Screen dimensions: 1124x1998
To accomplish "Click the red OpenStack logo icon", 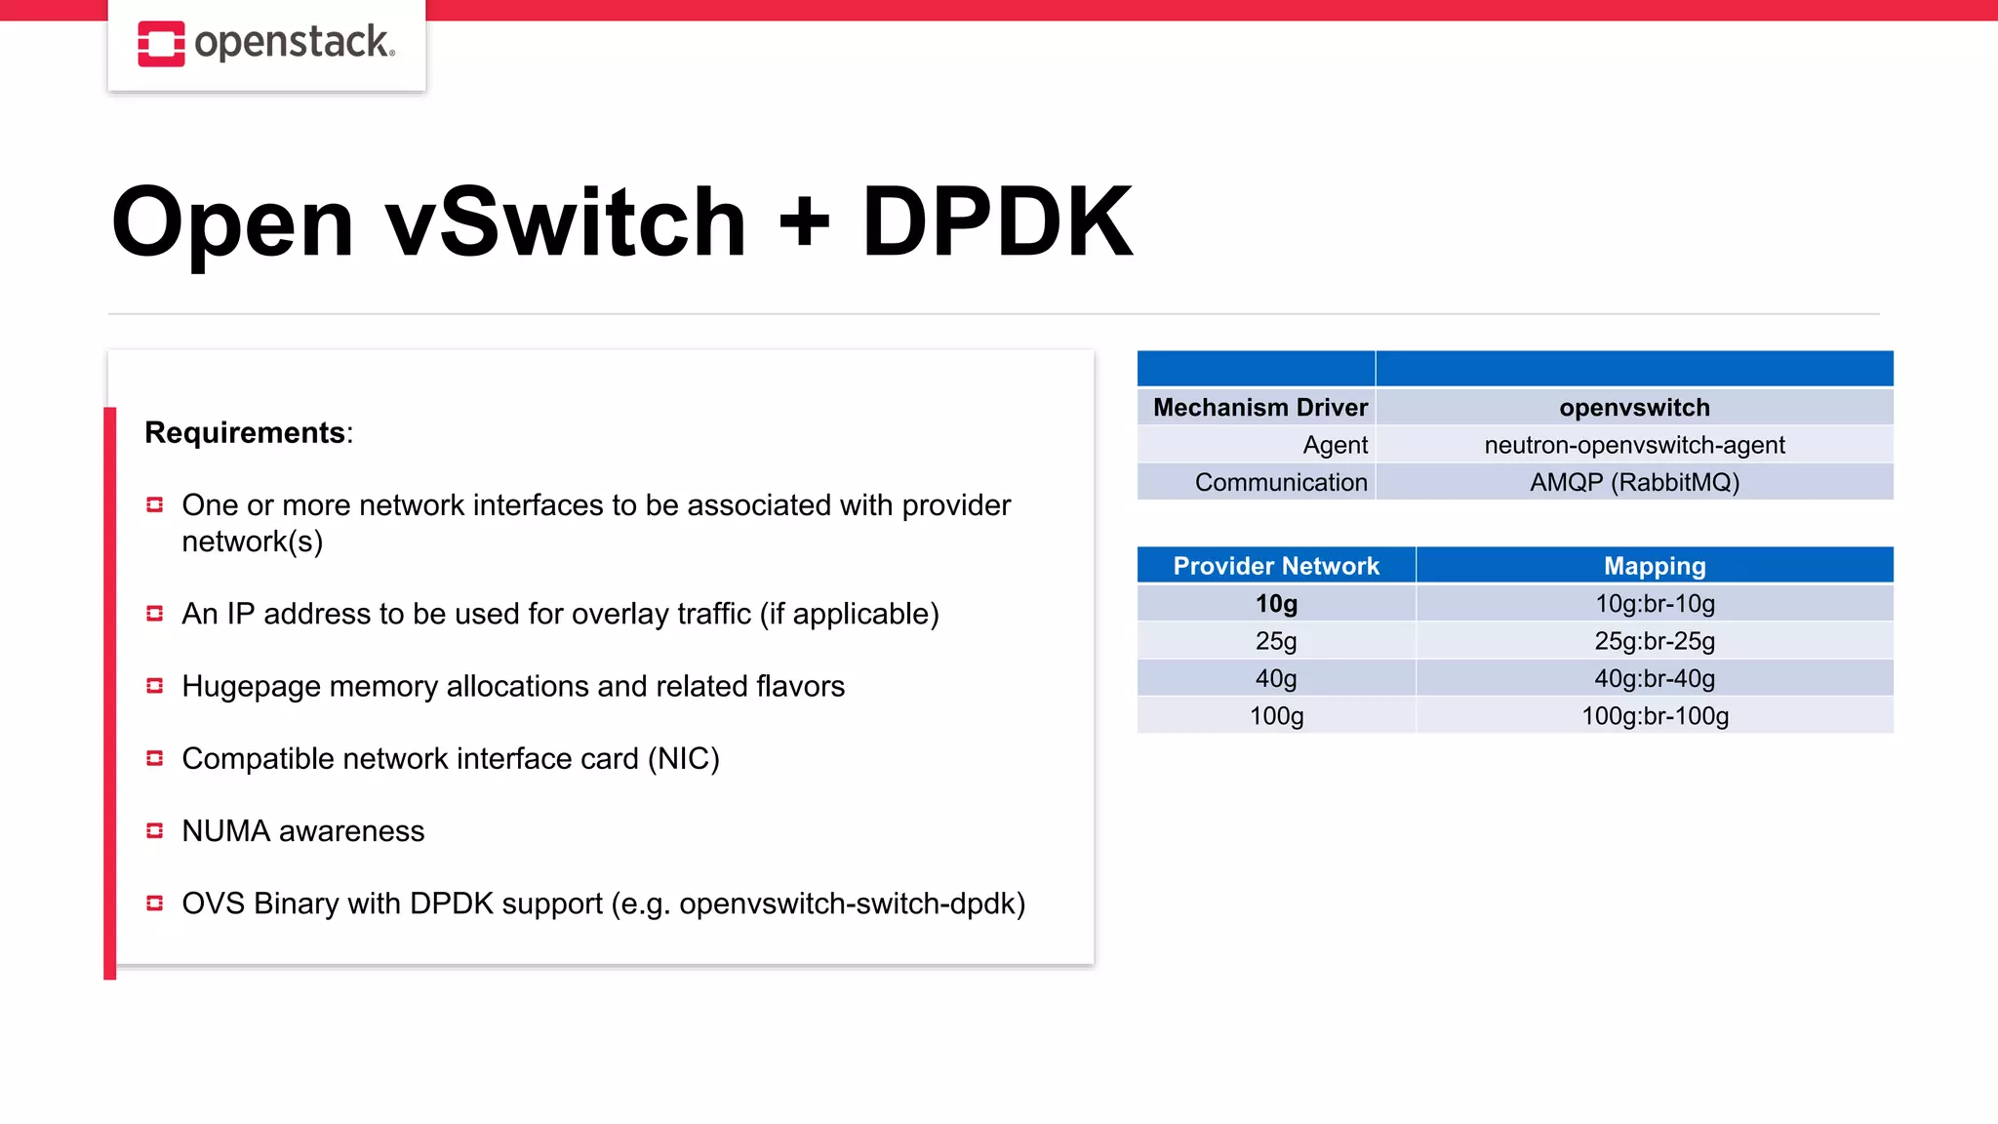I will [x=161, y=44].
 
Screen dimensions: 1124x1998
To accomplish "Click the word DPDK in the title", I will [x=997, y=222].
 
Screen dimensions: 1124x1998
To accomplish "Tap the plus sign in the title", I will [x=805, y=222].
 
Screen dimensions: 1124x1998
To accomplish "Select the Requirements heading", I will [x=246, y=432].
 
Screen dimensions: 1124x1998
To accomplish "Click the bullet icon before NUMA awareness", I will [x=154, y=830].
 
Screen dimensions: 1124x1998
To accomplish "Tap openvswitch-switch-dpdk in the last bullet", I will [x=852, y=903].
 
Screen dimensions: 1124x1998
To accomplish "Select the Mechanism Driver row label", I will [x=1259, y=407].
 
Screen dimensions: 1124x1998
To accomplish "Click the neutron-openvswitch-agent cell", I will [x=1634, y=445].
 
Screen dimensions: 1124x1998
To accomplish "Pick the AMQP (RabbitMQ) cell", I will [x=1634, y=482].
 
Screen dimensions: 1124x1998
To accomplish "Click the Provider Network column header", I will [x=1276, y=566].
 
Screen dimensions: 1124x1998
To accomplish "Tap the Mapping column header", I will [x=1655, y=566].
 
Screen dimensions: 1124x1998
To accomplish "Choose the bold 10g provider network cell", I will [x=1276, y=604].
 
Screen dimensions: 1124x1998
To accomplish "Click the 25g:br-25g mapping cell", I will [x=1655, y=641].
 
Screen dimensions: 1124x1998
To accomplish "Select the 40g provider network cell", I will [x=1276, y=678].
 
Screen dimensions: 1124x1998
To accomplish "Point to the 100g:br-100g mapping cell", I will [x=1655, y=716].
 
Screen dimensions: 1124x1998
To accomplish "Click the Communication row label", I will [x=1280, y=482].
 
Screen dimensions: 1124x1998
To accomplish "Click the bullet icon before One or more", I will [x=154, y=504].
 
